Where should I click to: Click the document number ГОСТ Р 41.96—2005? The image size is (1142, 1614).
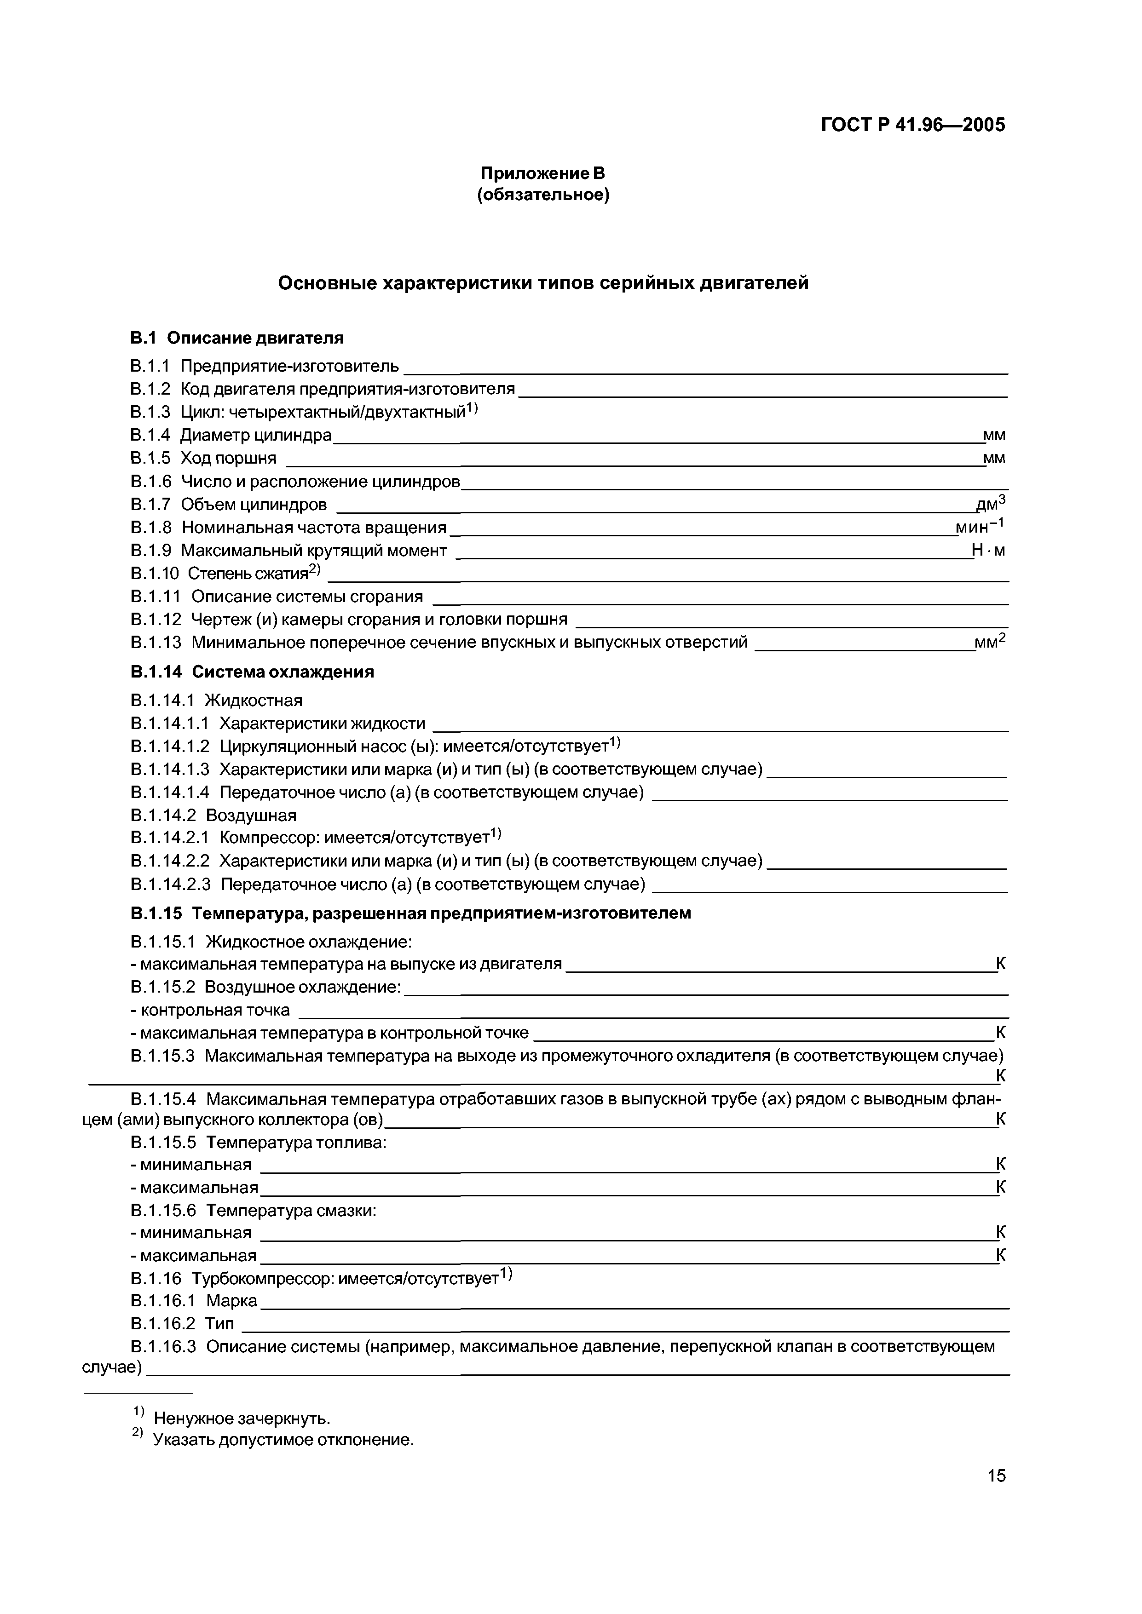click(x=913, y=125)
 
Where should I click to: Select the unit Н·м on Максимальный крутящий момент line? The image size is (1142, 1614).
click(x=988, y=551)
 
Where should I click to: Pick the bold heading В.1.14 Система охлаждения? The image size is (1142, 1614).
click(x=252, y=672)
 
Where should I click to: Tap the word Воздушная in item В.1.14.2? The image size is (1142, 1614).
click(x=251, y=816)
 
